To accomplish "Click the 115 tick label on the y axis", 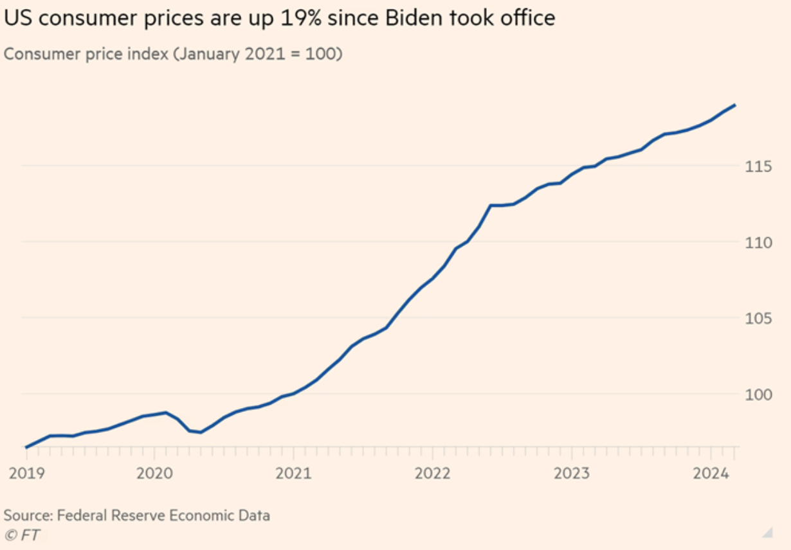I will click(759, 166).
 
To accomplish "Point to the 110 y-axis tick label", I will click(759, 243).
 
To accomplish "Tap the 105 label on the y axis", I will click(759, 319).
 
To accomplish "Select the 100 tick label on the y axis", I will click(759, 395).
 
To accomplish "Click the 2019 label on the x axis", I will click(26, 474).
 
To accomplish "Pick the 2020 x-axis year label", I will click(154, 474).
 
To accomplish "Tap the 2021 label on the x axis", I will click(293, 474).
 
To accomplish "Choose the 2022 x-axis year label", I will click(432, 474).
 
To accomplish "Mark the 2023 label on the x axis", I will click(572, 474).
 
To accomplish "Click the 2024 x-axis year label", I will click(711, 474).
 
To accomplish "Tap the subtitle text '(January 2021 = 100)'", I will click(257, 54).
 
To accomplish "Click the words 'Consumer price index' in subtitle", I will click(85, 54).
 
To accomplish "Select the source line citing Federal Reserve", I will click(137, 515).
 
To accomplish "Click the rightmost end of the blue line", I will click(735, 105).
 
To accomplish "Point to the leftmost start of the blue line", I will click(26, 447).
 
